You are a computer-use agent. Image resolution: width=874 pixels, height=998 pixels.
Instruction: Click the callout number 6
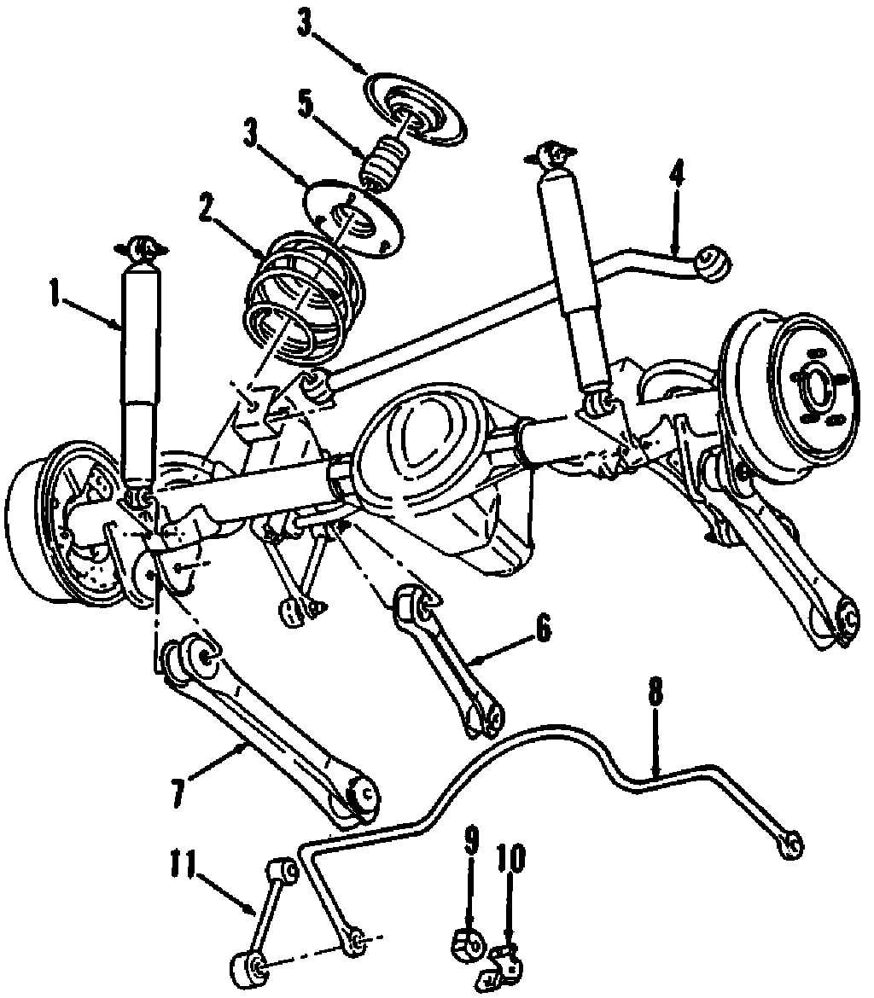click(544, 629)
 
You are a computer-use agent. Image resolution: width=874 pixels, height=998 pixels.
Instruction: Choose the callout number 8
click(654, 691)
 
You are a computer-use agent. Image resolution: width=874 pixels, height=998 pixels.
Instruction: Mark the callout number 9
click(472, 842)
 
